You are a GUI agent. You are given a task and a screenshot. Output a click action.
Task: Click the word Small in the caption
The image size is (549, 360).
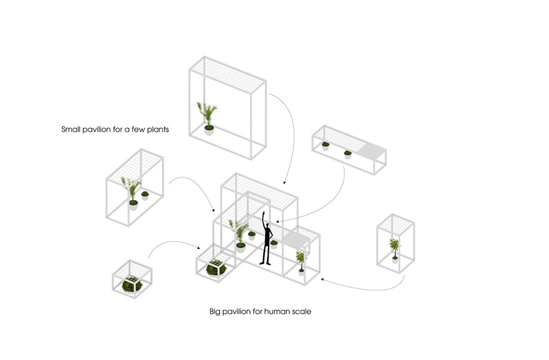(x=72, y=129)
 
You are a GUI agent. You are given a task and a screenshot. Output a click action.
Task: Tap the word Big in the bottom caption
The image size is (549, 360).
(x=215, y=312)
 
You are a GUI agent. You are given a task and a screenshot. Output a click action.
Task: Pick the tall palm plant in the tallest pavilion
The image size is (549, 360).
(x=208, y=115)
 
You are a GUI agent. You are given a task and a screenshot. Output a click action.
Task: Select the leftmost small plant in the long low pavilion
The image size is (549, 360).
(x=325, y=144)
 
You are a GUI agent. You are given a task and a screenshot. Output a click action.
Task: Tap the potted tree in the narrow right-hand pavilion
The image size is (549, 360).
(x=394, y=248)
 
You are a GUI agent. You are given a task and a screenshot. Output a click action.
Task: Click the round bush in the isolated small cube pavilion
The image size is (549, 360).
(x=132, y=285)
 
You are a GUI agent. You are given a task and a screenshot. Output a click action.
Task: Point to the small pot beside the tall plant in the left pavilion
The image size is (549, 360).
(x=145, y=195)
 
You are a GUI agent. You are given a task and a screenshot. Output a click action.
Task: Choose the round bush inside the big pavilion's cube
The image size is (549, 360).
(x=214, y=269)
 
